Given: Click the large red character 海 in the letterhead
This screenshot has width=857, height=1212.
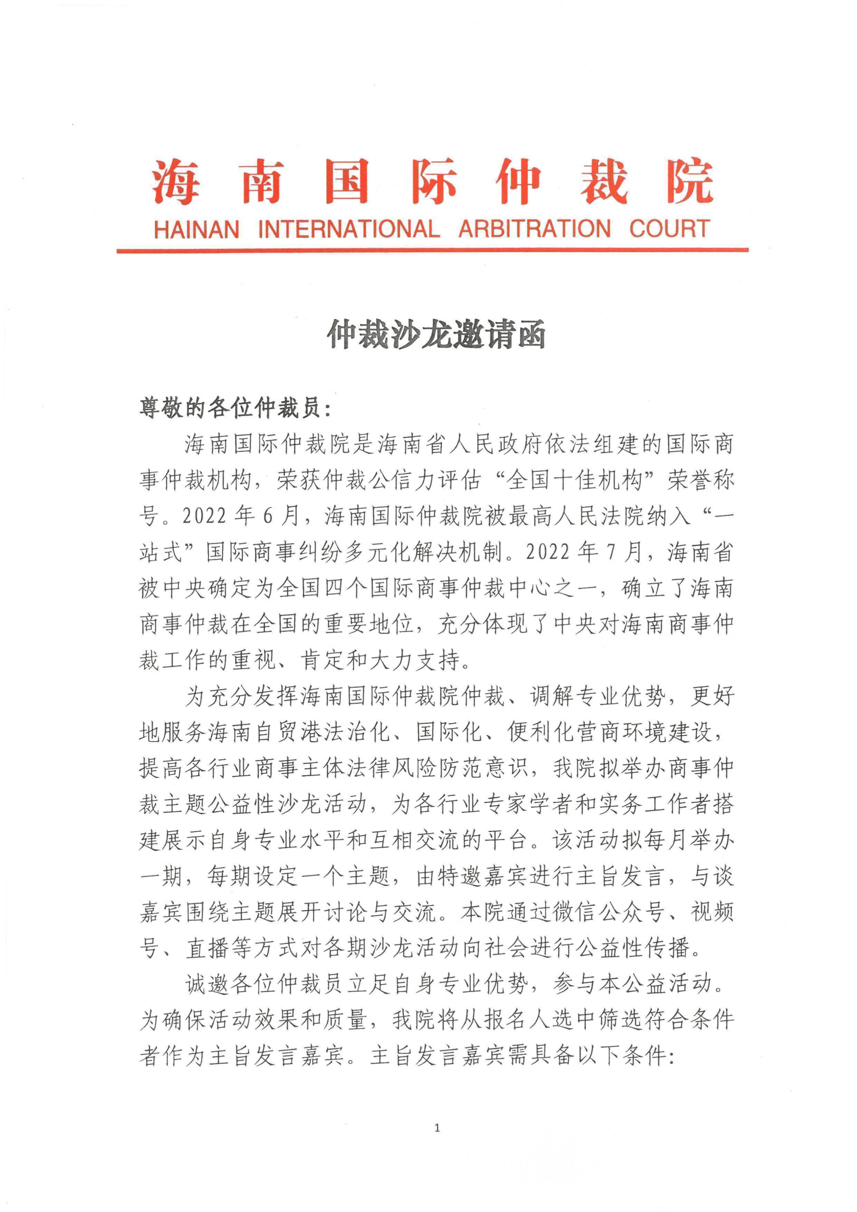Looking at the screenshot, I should tap(176, 181).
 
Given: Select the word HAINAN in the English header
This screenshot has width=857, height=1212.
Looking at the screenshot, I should tap(196, 229).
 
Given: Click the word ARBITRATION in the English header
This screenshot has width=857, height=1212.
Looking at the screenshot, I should tap(534, 229).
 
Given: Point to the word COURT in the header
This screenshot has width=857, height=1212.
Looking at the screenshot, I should tap(669, 229).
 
